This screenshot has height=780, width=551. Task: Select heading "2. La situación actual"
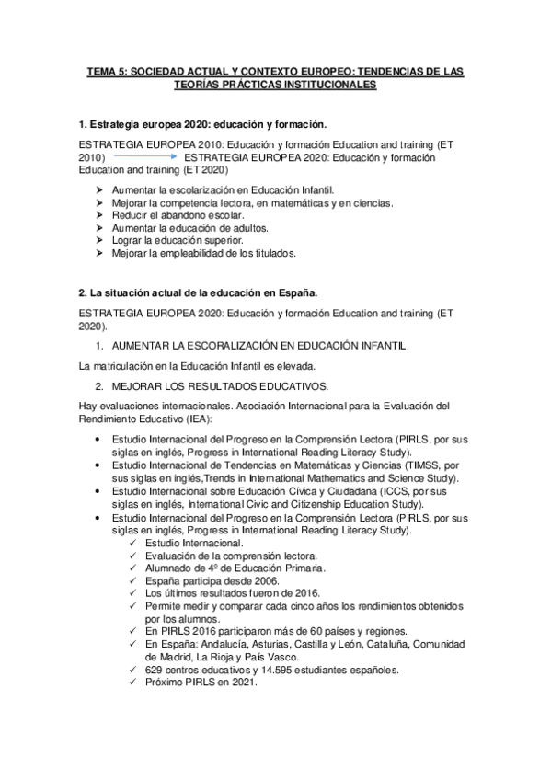199,292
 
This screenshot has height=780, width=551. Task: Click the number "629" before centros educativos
155,670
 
